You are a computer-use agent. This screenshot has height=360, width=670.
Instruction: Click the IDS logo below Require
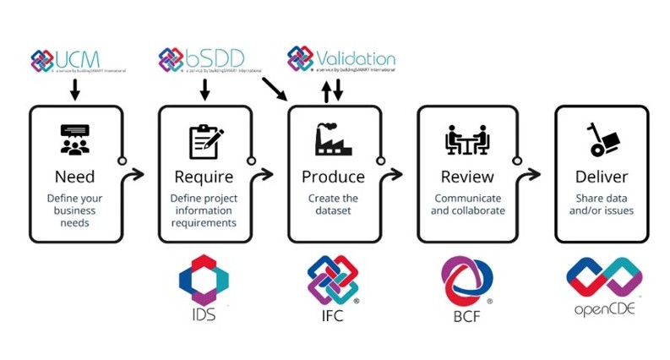pyautogui.click(x=204, y=282)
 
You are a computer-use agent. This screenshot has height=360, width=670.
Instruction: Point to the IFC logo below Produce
pyautogui.click(x=333, y=282)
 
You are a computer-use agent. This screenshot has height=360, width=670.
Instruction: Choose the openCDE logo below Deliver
pyautogui.click(x=602, y=284)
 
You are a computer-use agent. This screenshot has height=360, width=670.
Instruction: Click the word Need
pyautogui.click(x=74, y=177)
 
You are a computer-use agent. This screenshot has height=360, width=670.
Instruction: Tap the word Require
pyautogui.click(x=203, y=177)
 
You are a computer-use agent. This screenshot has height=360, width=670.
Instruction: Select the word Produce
pyautogui.click(x=333, y=177)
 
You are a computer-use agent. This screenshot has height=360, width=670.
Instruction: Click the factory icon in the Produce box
pyautogui.click(x=333, y=140)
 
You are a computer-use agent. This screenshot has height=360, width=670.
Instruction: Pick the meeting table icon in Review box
pyautogui.click(x=466, y=140)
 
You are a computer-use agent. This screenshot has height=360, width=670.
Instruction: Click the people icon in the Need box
pyautogui.click(x=74, y=140)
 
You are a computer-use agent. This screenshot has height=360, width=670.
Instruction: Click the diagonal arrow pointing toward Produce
pyautogui.click(x=273, y=88)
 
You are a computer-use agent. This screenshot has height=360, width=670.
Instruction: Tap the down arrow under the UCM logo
pyautogui.click(x=74, y=90)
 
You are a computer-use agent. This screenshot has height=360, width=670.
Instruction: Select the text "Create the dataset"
pyautogui.click(x=333, y=205)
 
